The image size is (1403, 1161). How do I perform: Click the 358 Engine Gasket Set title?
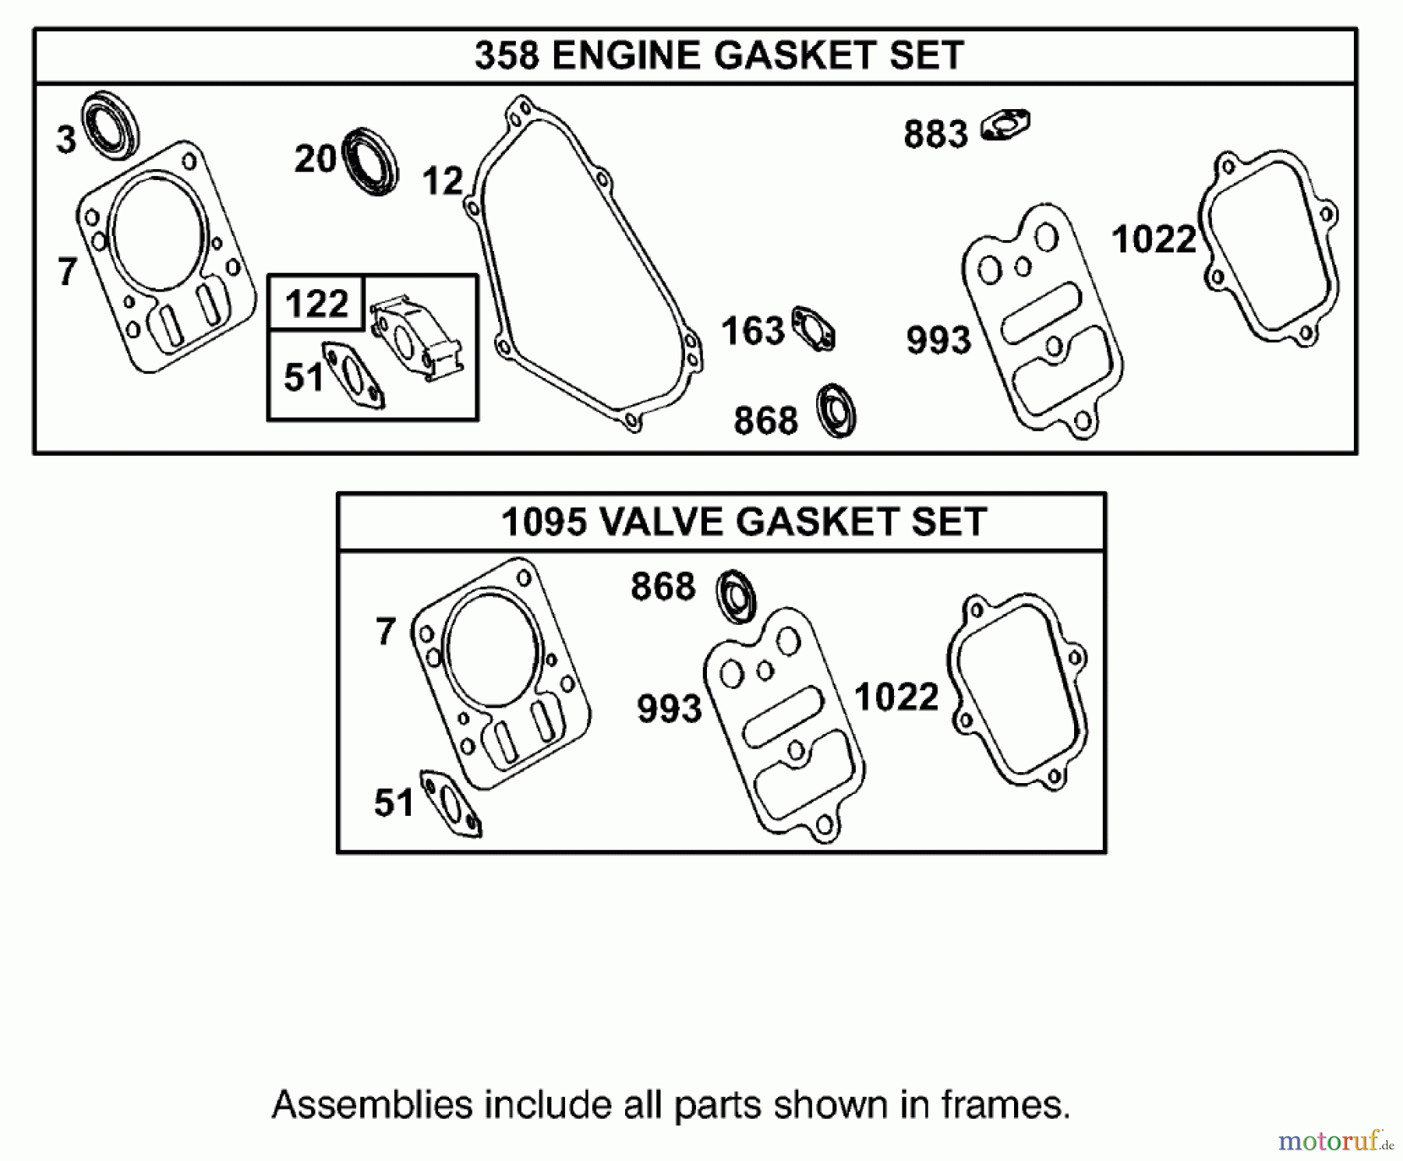(x=719, y=56)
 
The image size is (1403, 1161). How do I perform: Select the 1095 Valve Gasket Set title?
(x=744, y=521)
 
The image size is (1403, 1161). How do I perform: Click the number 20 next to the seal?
(x=315, y=160)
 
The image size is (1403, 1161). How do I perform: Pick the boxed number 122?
(x=316, y=303)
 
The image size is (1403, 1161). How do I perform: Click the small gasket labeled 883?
(x=1006, y=125)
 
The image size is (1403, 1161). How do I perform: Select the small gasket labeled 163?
(x=814, y=329)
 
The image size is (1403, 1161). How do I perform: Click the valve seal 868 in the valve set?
(x=737, y=596)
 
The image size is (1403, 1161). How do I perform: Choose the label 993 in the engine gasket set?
(x=938, y=341)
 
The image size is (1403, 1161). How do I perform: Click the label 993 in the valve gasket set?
(x=669, y=709)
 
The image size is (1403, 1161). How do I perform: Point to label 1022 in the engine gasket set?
(x=1154, y=239)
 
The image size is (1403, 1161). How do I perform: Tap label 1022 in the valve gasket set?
(x=896, y=697)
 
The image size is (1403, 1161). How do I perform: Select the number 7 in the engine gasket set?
(x=68, y=272)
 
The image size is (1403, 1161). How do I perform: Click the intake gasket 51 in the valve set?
(x=451, y=805)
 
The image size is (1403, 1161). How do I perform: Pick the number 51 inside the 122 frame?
(x=303, y=378)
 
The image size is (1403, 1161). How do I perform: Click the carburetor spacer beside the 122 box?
(x=417, y=341)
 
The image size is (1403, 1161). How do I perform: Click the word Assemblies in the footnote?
(x=373, y=1105)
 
